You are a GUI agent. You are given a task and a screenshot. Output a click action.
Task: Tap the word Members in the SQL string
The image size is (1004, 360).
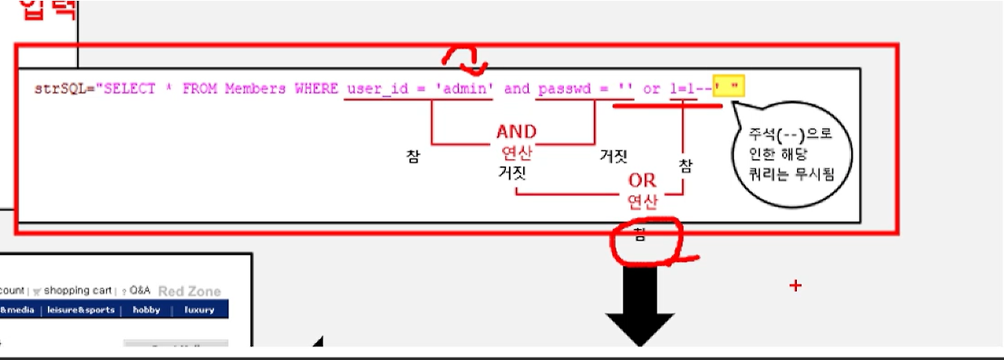[x=255, y=89]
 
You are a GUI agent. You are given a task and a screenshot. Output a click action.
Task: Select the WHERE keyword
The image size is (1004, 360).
[x=315, y=89]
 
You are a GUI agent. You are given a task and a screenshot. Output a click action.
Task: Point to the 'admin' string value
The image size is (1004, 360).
[x=464, y=89]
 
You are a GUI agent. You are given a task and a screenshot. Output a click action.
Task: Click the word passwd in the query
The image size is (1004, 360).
[x=563, y=89]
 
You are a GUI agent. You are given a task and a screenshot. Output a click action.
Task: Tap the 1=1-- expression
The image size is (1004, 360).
[x=690, y=89]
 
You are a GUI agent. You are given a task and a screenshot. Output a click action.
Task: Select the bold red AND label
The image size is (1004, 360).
[x=516, y=131]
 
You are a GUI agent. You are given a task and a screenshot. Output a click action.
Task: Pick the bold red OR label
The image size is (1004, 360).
[x=642, y=180]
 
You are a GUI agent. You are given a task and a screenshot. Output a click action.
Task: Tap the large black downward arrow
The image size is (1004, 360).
[x=640, y=306]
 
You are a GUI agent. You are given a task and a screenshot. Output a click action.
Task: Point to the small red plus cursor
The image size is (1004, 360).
[x=795, y=285]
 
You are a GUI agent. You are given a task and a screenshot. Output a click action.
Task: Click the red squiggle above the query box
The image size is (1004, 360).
[x=465, y=56]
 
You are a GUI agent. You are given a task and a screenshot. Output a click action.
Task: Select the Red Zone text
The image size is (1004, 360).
[x=189, y=291]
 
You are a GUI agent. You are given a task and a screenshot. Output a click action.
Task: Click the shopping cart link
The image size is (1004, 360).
[x=77, y=291]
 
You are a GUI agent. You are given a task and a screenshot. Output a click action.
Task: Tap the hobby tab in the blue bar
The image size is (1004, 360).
[x=146, y=310]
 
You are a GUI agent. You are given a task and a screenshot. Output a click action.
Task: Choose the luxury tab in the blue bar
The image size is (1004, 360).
[x=199, y=310]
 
